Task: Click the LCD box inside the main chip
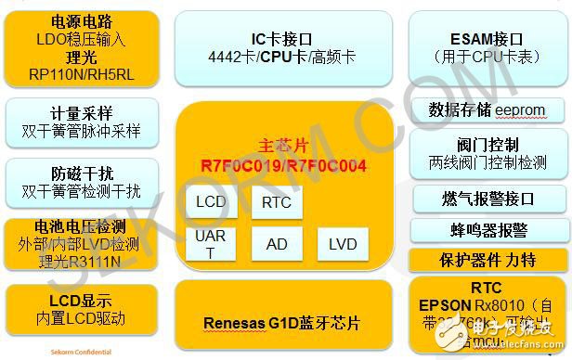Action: pos(211,202)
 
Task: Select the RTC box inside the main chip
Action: pos(276,202)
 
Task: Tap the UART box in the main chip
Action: pos(211,243)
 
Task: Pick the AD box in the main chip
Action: pos(276,244)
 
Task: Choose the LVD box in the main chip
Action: pos(342,244)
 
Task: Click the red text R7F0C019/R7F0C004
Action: pos(284,166)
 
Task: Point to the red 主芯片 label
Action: pos(284,147)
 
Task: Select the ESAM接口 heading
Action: pos(486,38)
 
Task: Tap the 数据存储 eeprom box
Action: pos(487,110)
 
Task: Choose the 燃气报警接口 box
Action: pos(487,198)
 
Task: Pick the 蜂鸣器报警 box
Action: pos(487,229)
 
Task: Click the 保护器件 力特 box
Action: pos(487,261)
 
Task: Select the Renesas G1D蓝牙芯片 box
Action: pos(282,324)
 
